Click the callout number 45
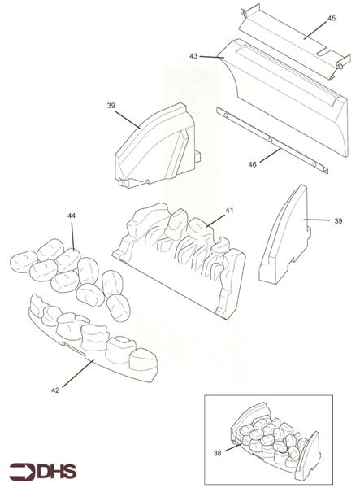(332, 19)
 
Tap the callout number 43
(193, 56)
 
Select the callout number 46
(252, 164)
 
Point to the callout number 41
(229, 211)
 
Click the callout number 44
(72, 216)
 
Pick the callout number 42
(55, 390)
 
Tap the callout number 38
(217, 453)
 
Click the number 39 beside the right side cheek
(338, 221)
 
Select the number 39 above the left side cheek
(111, 106)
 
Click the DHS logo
(42, 472)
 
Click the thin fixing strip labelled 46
(272, 141)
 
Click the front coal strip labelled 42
(93, 339)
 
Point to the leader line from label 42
(78, 373)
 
